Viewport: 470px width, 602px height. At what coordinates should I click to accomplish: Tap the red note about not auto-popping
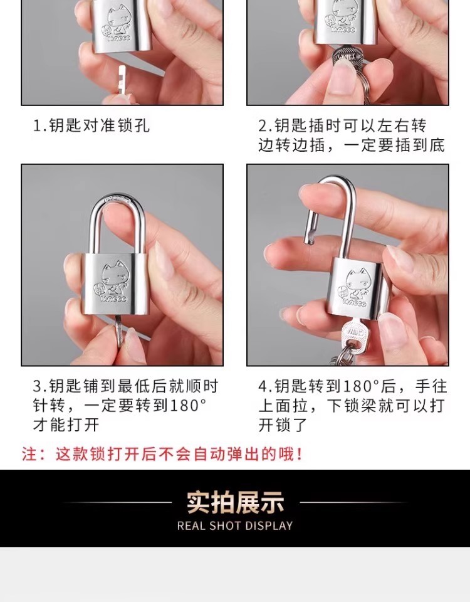(162, 454)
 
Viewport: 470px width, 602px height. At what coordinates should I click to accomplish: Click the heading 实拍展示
(235, 502)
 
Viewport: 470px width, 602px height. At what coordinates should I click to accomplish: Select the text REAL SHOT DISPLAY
(235, 525)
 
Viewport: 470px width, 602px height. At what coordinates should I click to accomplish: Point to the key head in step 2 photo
(347, 57)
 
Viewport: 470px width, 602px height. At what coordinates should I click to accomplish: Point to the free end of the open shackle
(308, 241)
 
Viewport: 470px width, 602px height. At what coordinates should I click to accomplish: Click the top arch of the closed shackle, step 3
(117, 199)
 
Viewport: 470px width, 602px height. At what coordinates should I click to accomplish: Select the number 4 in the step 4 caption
(263, 386)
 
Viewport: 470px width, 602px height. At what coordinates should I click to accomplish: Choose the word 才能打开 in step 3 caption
(66, 425)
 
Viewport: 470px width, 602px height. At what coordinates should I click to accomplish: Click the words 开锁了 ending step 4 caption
(283, 425)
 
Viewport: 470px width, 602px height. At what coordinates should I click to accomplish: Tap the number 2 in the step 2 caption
(262, 125)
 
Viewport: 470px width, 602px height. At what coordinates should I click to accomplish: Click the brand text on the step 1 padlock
(119, 38)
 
